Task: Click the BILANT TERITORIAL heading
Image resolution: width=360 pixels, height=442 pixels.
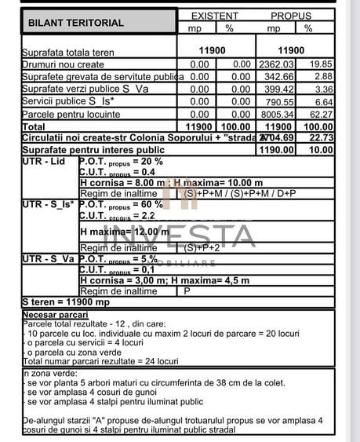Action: pyautogui.click(x=76, y=23)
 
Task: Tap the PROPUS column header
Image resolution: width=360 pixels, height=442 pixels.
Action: pyautogui.click(x=291, y=16)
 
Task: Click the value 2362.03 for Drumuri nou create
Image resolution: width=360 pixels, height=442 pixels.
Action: pyautogui.click(x=275, y=64)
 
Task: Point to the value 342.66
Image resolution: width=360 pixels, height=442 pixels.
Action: pyautogui.click(x=277, y=77)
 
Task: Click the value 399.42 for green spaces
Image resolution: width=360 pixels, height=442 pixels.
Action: pyautogui.click(x=277, y=89)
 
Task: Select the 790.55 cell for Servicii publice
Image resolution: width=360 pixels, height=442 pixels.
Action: pyautogui.click(x=277, y=101)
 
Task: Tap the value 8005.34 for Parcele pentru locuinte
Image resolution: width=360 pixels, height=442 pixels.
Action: pyautogui.click(x=275, y=114)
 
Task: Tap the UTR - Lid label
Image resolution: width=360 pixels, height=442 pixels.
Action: pyautogui.click(x=45, y=161)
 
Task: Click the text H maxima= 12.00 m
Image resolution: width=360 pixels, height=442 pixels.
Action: pyautogui.click(x=125, y=232)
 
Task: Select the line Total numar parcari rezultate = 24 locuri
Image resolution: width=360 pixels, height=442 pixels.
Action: pyautogui.click(x=100, y=361)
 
